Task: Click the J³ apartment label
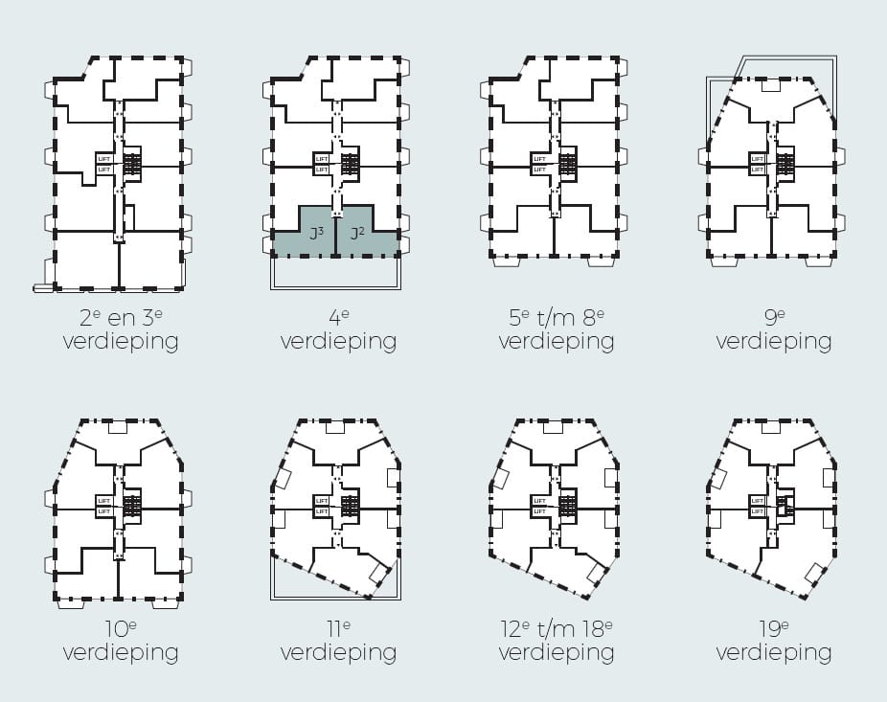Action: coord(314,233)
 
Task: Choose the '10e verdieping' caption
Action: coord(121,641)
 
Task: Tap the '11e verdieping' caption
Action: coord(338,641)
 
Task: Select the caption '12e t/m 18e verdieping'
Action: coord(557,641)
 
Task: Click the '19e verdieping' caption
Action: coord(774,641)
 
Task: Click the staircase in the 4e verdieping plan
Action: coord(351,164)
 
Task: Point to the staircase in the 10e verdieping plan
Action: coord(132,505)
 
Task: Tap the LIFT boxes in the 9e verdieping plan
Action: coord(758,164)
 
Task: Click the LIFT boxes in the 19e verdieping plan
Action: coord(758,505)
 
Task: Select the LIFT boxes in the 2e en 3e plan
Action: coord(104,164)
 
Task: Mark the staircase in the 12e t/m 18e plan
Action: coord(569,505)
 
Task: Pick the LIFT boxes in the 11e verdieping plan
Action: coord(322,505)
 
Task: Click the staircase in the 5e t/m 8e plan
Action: coord(569,164)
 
